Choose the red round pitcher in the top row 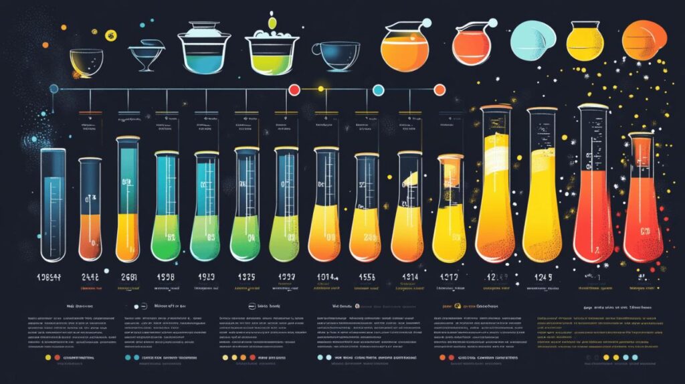tap(472, 45)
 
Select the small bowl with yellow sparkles tap(86, 62)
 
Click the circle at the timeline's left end tap(54, 88)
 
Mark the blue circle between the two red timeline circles tap(378, 89)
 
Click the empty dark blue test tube tap(53, 204)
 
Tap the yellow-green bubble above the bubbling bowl tap(272, 23)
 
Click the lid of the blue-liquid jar tap(204, 29)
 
